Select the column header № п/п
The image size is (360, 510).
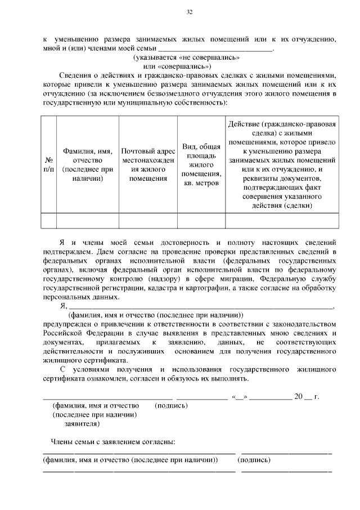[x=48, y=164]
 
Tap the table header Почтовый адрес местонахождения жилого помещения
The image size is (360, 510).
[x=148, y=165]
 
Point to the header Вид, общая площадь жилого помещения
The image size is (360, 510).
[x=201, y=164]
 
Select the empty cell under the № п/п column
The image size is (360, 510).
[x=48, y=220]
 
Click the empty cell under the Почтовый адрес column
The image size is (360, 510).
[x=148, y=220]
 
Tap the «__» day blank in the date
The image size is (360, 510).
[x=239, y=397]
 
